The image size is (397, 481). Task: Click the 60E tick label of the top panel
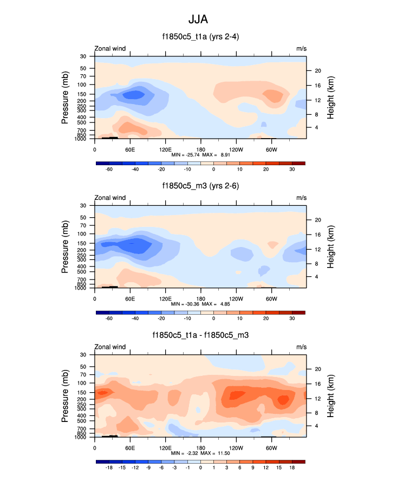[x=130, y=149]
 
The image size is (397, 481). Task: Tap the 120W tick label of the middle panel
[x=236, y=298]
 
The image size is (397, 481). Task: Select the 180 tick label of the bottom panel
[x=200, y=448]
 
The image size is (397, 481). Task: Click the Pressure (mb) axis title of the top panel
[x=65, y=97]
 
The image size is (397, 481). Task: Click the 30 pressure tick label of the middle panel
[x=84, y=206]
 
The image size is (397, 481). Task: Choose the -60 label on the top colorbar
[x=109, y=169]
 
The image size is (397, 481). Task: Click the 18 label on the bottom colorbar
[x=292, y=467]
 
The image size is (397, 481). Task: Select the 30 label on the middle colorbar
[x=292, y=318]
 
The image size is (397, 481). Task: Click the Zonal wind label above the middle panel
[x=110, y=198]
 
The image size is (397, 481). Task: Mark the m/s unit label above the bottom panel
[x=301, y=347]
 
